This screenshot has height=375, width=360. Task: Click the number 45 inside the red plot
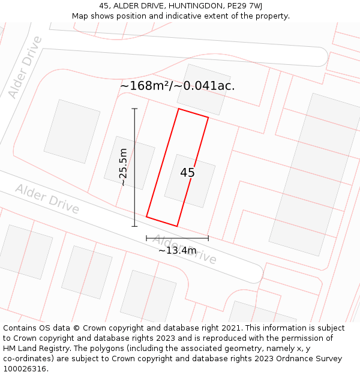(x=187, y=173)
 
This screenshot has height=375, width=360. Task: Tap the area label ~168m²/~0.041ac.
(x=178, y=86)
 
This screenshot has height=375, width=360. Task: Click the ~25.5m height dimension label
(x=123, y=167)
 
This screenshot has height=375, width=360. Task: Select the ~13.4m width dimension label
(x=177, y=250)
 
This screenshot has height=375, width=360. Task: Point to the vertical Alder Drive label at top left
(x=26, y=67)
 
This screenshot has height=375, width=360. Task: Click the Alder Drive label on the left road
(x=47, y=199)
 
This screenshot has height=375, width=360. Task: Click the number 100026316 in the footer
(x=25, y=369)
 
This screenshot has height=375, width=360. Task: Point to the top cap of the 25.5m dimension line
(x=134, y=109)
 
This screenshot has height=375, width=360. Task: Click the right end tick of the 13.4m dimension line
(x=208, y=238)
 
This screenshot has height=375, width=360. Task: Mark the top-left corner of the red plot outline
(x=178, y=109)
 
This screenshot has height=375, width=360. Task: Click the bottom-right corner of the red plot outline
(x=177, y=226)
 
